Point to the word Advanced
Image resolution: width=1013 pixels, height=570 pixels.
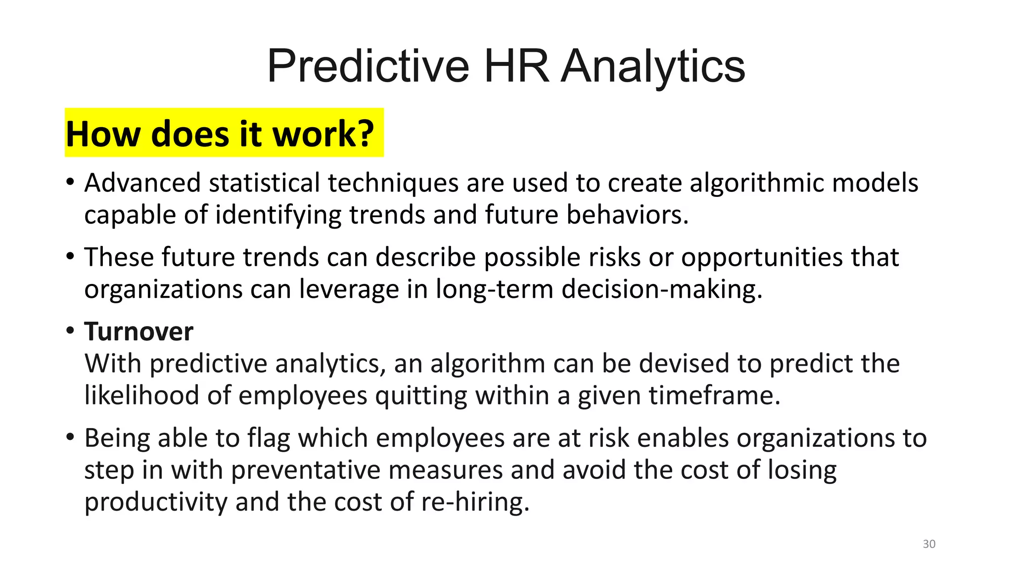click(142, 183)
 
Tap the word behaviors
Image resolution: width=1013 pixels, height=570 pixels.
click(627, 215)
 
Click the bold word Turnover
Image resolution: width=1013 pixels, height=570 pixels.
click(138, 332)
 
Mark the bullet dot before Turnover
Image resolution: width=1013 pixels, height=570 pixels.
click(70, 330)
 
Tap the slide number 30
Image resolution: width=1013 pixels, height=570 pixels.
click(929, 544)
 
